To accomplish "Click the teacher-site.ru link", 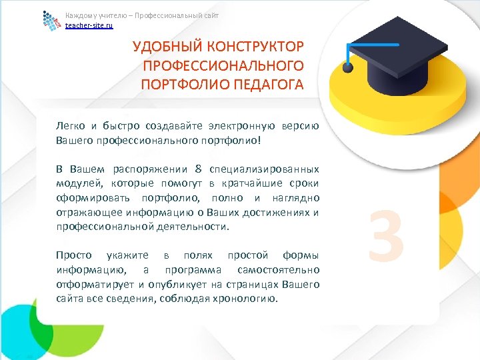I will pos(89,25).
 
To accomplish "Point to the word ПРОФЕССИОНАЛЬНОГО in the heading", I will pos(223,66).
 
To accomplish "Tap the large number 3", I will pos(386,235).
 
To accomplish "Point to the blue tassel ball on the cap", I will pos(347,68).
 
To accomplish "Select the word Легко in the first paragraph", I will pos(71,126).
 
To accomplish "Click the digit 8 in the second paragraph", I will pos(198,169).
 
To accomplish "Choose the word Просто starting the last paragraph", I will pos(73,256).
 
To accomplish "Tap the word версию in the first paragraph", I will pos(301,126).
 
